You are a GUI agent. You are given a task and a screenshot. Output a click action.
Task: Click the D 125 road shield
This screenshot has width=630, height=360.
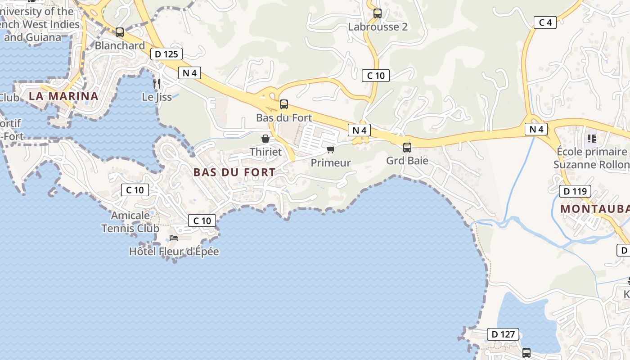(166, 54)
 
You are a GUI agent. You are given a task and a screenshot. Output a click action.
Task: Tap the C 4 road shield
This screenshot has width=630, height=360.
(545, 22)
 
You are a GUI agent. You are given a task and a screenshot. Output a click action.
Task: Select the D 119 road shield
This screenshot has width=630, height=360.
(575, 191)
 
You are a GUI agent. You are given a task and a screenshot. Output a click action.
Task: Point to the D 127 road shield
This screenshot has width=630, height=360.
(503, 334)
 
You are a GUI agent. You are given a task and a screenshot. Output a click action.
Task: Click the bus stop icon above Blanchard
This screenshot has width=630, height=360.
(120, 32)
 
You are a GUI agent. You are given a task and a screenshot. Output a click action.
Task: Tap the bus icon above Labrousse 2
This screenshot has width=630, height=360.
(378, 13)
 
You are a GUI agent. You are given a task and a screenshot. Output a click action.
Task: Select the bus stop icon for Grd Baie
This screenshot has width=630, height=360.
(407, 147)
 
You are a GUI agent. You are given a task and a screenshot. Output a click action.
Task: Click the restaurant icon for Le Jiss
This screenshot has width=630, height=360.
(157, 83)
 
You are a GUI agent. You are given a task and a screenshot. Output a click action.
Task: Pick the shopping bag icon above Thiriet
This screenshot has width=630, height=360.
(265, 139)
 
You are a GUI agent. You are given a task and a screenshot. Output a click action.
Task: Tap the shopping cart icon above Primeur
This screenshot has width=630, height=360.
(331, 149)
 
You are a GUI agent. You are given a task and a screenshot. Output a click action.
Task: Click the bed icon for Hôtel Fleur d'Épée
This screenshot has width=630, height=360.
(174, 238)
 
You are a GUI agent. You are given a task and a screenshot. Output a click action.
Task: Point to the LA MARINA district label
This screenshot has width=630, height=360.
(63, 96)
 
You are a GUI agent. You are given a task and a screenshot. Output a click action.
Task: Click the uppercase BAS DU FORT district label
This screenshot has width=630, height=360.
(234, 172)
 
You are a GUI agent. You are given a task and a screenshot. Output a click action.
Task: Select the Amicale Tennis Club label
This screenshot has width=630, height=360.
(130, 222)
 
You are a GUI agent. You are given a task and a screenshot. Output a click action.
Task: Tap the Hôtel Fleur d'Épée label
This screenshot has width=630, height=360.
(174, 251)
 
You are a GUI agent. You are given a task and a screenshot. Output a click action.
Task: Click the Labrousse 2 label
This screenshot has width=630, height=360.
(378, 27)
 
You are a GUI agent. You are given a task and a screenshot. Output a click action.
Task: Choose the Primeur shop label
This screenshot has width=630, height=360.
(331, 163)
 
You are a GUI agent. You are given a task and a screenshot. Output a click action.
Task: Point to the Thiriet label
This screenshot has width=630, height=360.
(265, 152)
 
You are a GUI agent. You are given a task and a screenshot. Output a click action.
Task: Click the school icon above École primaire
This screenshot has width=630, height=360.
(591, 138)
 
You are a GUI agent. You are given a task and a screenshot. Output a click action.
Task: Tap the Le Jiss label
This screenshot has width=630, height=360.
(157, 97)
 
